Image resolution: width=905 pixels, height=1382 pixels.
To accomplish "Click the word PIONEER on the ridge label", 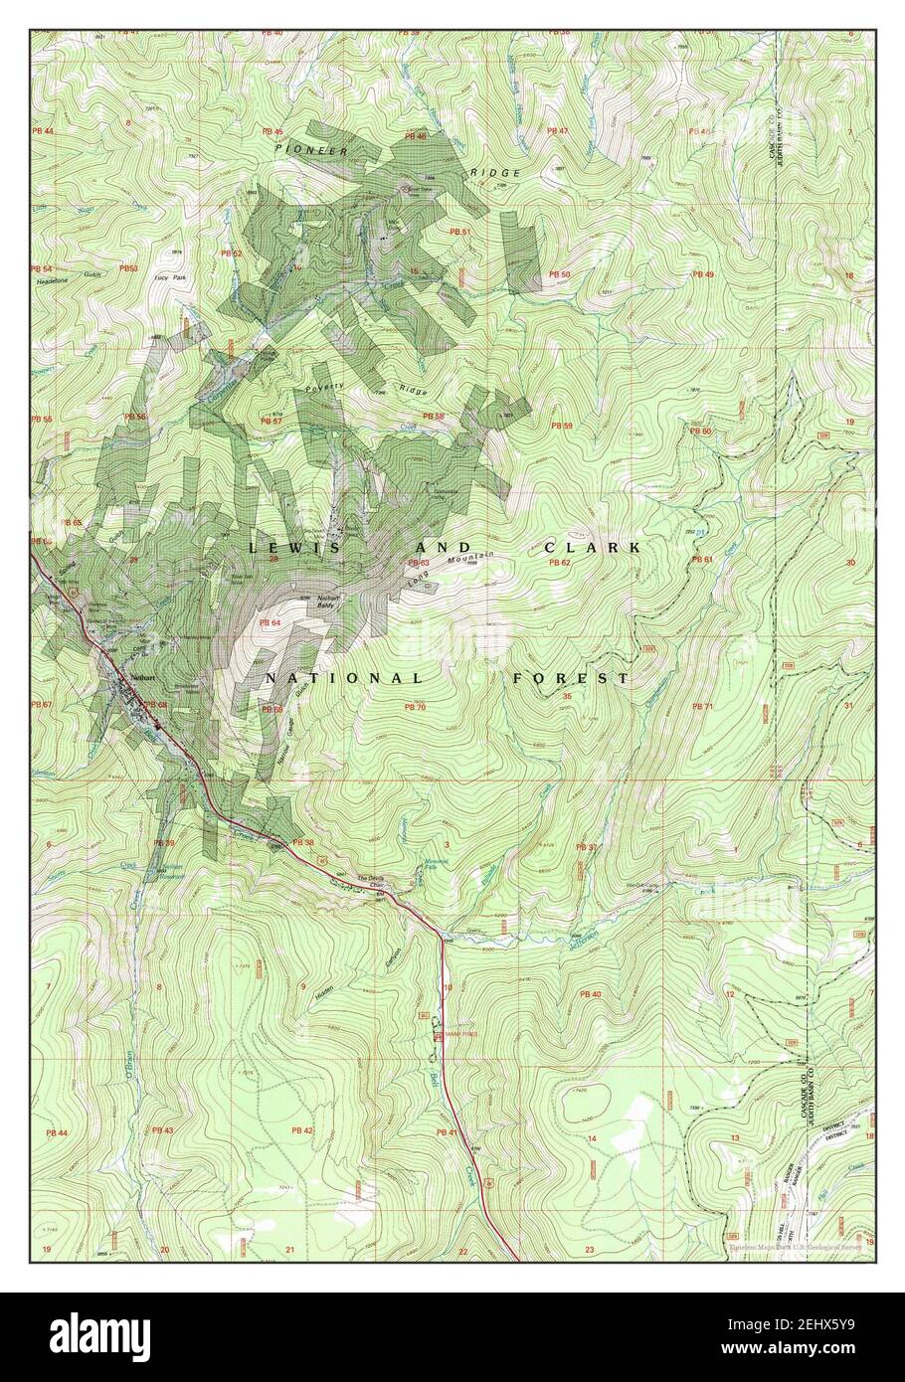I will tap(311, 149).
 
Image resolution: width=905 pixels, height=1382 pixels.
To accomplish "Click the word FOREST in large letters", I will tap(571, 678).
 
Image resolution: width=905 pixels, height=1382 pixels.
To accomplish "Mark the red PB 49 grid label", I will tap(703, 273).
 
